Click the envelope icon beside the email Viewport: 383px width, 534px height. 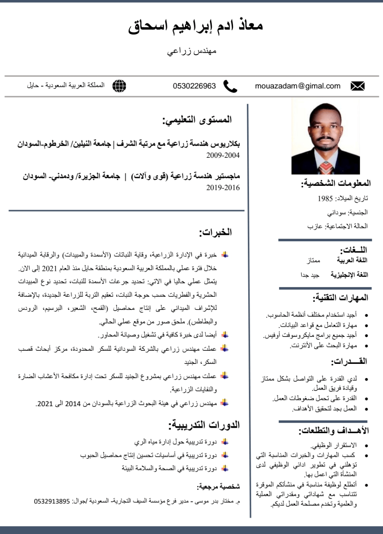point(357,86)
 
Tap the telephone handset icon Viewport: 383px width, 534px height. point(230,86)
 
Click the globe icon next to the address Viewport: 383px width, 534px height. point(119,86)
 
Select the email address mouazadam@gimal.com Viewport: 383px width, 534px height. point(298,86)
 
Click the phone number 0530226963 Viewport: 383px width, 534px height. point(194,86)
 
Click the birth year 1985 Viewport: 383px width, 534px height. point(325,199)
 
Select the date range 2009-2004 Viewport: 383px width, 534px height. point(223,155)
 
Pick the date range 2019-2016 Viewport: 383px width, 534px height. point(223,188)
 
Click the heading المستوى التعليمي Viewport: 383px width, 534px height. point(197,120)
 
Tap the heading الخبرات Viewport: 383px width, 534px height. point(215,232)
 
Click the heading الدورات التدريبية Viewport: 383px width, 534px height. point(204,425)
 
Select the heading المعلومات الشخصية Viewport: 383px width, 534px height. point(336,183)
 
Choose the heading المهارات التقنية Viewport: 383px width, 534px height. point(340,298)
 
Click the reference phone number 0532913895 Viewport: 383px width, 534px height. point(52,501)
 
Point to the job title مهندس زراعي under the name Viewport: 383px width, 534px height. point(191,51)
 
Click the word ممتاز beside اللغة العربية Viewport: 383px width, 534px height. point(313,260)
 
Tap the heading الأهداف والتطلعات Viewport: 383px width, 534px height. point(334,431)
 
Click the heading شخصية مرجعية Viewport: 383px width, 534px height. point(218,486)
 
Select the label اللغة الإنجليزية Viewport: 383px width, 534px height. point(349,275)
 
